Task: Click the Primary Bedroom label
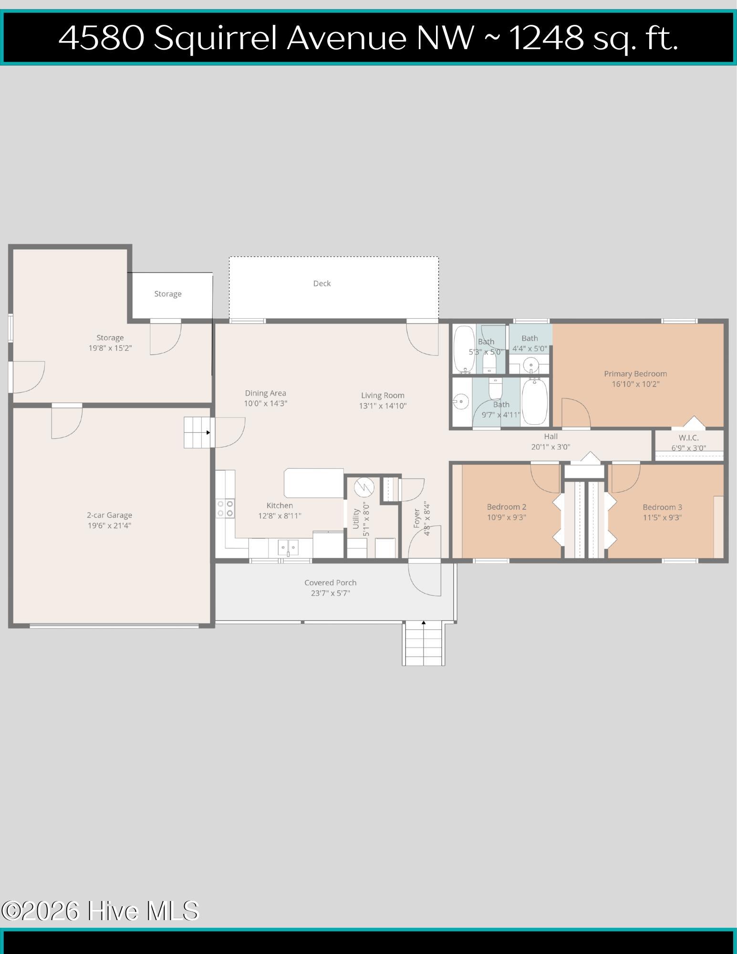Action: click(x=635, y=374)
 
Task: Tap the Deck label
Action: click(x=322, y=283)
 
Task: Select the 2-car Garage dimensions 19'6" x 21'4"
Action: click(x=109, y=525)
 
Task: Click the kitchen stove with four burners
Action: click(x=225, y=508)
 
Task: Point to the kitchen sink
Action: click(x=288, y=548)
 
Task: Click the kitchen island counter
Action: click(x=314, y=483)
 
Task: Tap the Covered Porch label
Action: click(x=331, y=583)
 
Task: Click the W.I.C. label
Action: click(x=689, y=438)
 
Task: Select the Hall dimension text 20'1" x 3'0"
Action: click(x=550, y=447)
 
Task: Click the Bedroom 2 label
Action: click(x=507, y=507)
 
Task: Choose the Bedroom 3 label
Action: click(x=662, y=507)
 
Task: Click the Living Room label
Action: click(x=383, y=395)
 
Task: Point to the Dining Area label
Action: click(x=266, y=393)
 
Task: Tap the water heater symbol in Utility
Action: click(x=364, y=487)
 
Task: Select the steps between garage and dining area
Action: click(x=198, y=432)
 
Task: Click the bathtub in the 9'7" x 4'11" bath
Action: click(x=535, y=400)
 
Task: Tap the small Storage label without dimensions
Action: click(x=168, y=294)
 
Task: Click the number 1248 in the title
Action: click(x=547, y=38)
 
